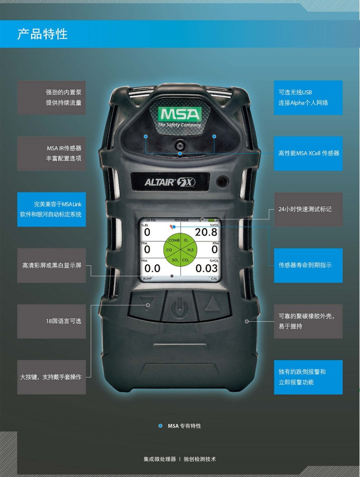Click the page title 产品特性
pos(42,34)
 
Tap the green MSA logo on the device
pos(180,114)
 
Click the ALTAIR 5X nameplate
pos(170,182)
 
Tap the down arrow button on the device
pos(146,304)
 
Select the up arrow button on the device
pos(212,304)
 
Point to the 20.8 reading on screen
pos(206,232)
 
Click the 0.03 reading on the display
pos(207,268)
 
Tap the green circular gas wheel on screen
pos(180,250)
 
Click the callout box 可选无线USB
pos(308,98)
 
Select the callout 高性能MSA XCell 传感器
pos(308,153)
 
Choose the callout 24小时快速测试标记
pos(308,209)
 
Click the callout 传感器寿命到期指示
pos(308,265)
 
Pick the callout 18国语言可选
pos(51,321)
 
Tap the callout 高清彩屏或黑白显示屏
pos(51,265)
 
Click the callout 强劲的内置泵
pos(51,98)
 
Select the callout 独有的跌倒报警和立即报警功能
pos(308,377)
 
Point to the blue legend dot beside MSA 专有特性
pos(160,426)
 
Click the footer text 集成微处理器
pos(160,459)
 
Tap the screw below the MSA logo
pos(180,144)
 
